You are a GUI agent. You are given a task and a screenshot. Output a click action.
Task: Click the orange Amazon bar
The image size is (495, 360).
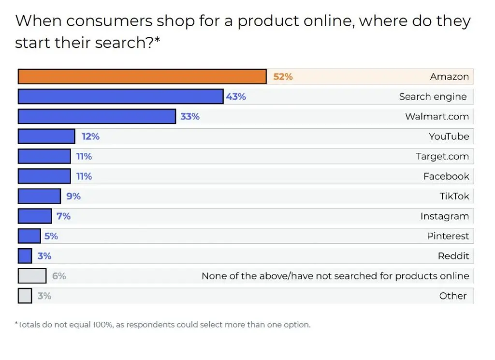point(142,76)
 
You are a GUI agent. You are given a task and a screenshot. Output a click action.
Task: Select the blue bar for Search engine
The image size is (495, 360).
point(120,96)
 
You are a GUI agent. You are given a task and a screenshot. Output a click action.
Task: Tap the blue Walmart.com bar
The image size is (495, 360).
point(97,117)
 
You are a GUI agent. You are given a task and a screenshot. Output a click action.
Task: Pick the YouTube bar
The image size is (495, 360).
point(46,136)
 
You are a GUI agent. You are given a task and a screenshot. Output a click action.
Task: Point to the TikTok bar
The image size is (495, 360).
point(39,196)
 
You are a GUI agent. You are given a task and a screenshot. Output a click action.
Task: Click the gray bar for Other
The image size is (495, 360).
point(25,296)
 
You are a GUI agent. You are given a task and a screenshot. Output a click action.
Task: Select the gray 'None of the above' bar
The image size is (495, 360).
point(32,276)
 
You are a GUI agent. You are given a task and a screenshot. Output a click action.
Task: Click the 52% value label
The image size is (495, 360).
point(283,76)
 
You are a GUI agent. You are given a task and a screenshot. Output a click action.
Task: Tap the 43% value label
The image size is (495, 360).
point(236,96)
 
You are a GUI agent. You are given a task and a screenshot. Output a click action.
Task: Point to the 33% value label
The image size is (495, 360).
point(189,117)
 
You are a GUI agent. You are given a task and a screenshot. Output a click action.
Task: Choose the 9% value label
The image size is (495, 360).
point(73,196)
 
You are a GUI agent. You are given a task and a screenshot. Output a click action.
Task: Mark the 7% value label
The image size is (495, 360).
point(63,216)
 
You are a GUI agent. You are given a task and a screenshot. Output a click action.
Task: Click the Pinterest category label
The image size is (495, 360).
point(448,236)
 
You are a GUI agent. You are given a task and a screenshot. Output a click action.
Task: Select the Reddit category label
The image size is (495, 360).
point(453,256)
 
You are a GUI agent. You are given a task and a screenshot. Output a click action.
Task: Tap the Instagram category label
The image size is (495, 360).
point(444,216)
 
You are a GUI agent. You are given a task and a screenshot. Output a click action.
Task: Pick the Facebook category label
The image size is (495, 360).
point(446,176)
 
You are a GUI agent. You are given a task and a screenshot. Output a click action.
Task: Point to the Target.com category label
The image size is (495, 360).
point(442,156)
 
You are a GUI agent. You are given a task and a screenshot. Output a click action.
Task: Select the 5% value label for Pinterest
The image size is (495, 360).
point(51,236)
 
